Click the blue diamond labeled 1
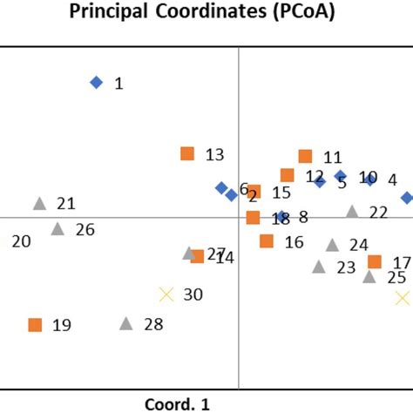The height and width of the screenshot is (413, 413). [97, 82]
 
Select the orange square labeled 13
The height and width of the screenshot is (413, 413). [186, 153]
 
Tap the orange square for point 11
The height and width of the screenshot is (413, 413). [305, 156]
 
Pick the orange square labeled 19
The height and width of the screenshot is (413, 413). [35, 325]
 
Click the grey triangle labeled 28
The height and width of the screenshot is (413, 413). [125, 323]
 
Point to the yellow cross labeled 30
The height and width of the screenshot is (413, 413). [166, 295]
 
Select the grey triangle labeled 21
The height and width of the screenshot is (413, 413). [39, 203]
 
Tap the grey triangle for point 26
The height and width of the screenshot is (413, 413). [58, 228]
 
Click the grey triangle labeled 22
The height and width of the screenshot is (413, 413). [352, 211]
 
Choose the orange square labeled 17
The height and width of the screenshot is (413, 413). [375, 261]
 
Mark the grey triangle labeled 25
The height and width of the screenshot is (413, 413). [369, 276]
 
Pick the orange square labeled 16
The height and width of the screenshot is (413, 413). [267, 240]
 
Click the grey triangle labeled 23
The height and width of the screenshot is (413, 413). [319, 267]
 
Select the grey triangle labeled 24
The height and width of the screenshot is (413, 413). [332, 245]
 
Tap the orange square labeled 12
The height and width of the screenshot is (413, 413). [287, 175]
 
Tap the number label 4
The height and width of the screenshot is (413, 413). [392, 179]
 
